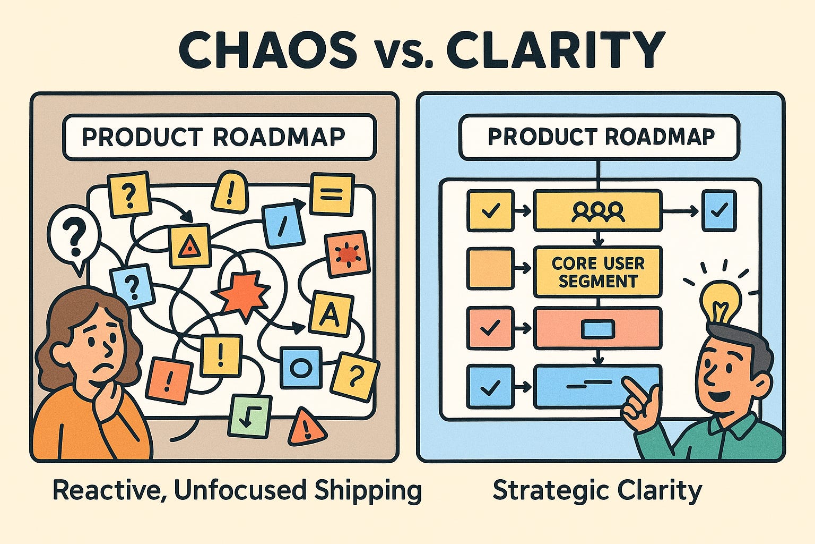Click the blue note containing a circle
[x=300, y=367]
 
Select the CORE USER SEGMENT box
[x=598, y=271]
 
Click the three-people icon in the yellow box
[x=598, y=211]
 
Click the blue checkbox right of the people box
[x=719, y=211]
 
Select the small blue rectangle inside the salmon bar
[x=598, y=329]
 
